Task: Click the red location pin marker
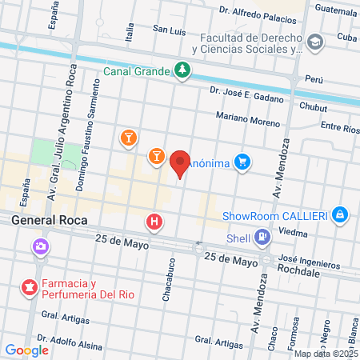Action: pyautogui.click(x=180, y=162)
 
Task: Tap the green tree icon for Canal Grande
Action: pyautogui.click(x=183, y=70)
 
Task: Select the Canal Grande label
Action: pyautogui.click(x=137, y=70)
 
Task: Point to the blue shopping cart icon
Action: pyautogui.click(x=243, y=162)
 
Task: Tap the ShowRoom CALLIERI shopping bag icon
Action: pyautogui.click(x=341, y=215)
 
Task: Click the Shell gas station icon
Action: pyautogui.click(x=261, y=236)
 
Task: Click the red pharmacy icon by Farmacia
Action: pyautogui.click(x=30, y=286)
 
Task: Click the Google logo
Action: pyautogui.click(x=26, y=350)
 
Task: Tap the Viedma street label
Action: pyautogui.click(x=295, y=232)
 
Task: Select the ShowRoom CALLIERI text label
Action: pyautogui.click(x=275, y=215)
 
